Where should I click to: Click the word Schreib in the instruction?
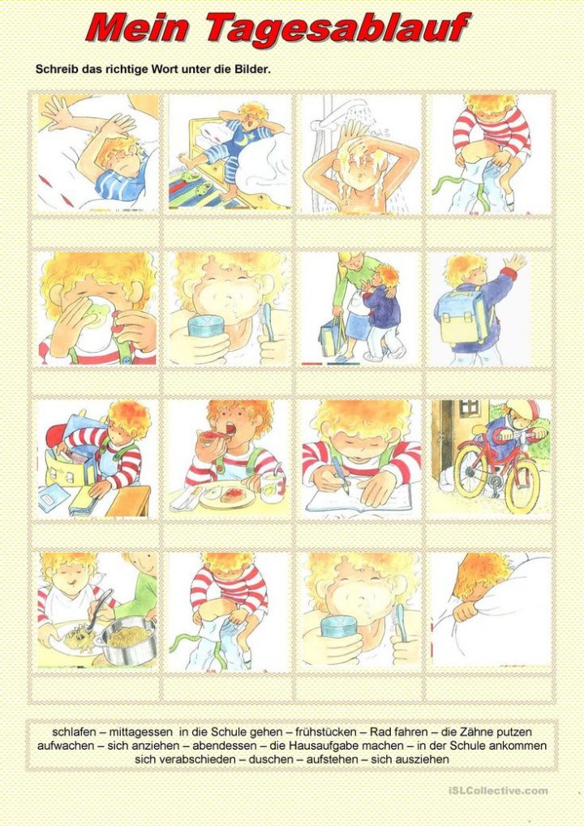click(x=55, y=70)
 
